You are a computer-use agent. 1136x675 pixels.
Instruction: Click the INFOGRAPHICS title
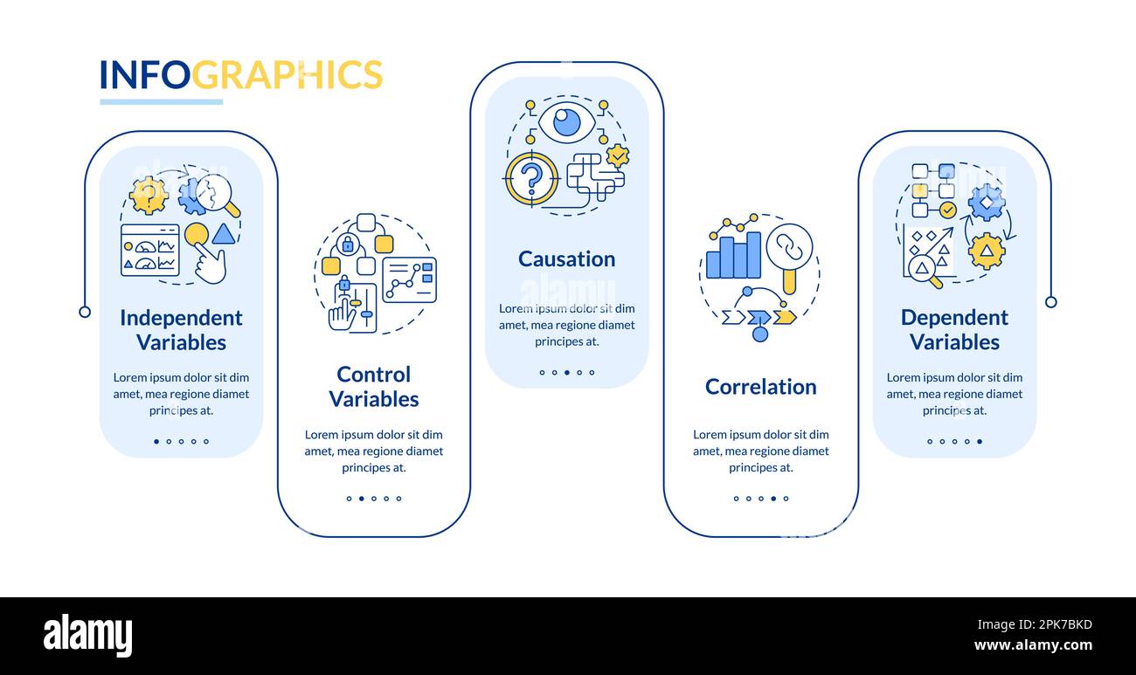[240, 75]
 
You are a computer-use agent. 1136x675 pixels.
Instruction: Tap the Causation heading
[566, 259]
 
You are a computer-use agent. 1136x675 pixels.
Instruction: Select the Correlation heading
[760, 387]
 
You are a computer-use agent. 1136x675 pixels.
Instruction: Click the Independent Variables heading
[181, 330]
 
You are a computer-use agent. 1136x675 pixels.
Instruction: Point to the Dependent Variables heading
[954, 330]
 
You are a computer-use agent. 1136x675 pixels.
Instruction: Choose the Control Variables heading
[373, 387]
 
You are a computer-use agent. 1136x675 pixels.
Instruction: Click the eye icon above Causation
[566, 121]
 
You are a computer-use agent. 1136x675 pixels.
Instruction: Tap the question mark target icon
[531, 179]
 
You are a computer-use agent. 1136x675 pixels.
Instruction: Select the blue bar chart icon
[733, 256]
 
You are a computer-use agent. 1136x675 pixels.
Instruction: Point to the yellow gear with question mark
[149, 196]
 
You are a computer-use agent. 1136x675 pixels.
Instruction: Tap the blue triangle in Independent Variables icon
[223, 234]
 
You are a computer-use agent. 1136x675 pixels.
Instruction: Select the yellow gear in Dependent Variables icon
[986, 251]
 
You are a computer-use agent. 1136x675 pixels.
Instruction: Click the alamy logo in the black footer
[87, 636]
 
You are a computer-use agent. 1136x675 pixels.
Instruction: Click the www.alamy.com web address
[1033, 646]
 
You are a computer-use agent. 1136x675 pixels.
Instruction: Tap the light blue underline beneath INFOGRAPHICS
[161, 102]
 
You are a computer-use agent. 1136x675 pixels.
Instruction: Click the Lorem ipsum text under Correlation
[760, 451]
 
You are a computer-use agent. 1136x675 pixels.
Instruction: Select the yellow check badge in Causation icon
[618, 155]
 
